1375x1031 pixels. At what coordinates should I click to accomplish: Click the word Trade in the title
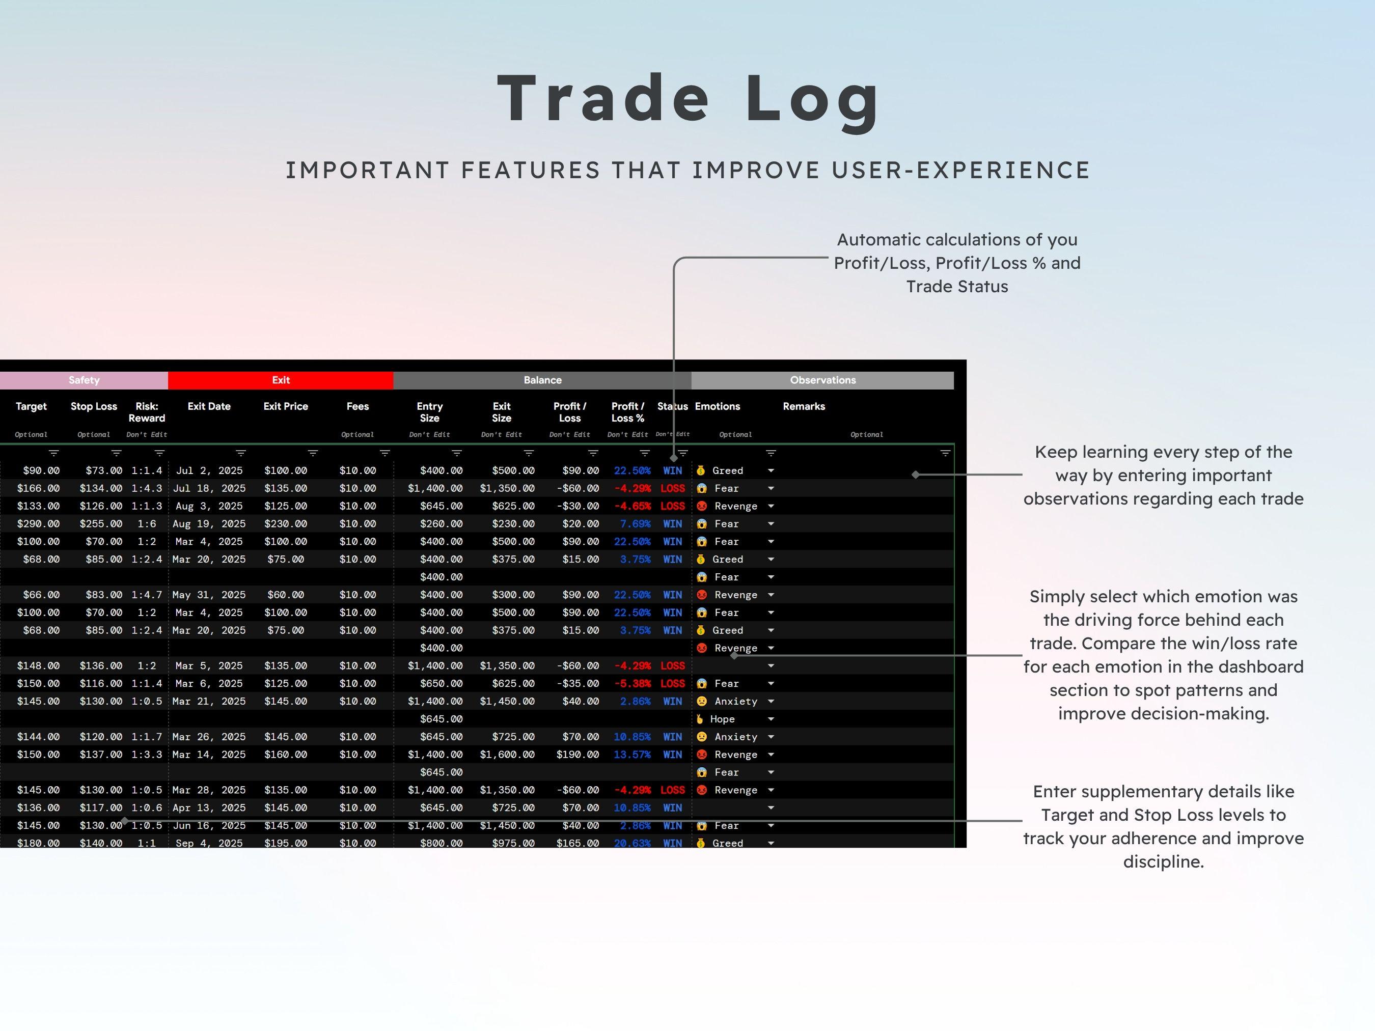[603, 99]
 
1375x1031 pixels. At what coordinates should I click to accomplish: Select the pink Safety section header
[84, 380]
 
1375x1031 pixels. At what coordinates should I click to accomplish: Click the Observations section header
[822, 380]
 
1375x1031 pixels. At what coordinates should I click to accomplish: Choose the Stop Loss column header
[94, 406]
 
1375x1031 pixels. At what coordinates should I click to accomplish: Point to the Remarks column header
[804, 406]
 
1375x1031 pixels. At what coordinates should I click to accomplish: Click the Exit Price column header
[285, 406]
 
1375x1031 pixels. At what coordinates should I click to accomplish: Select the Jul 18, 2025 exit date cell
[209, 488]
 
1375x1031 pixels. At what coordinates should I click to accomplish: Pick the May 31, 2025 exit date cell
[209, 595]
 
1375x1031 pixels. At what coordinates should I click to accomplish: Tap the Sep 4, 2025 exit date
[209, 843]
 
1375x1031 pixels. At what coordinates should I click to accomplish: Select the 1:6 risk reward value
[147, 524]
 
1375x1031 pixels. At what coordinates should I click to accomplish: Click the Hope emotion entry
[722, 719]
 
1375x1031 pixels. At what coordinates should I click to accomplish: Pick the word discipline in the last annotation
[1163, 862]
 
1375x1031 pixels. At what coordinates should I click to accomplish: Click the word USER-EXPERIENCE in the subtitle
[960, 170]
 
